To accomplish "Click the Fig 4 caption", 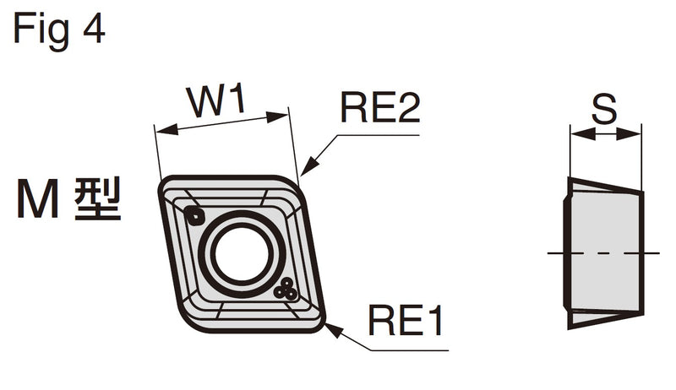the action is click(x=59, y=30).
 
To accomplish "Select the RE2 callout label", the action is click(x=379, y=107).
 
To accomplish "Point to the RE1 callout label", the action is click(x=406, y=320).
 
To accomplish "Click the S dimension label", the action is click(x=604, y=110).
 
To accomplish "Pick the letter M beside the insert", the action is click(x=38, y=199).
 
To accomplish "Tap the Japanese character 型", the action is click(x=98, y=199).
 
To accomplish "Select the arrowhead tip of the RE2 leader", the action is click(x=302, y=176).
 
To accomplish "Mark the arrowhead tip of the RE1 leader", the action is click(x=324, y=323).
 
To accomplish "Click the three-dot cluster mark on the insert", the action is click(x=286, y=290).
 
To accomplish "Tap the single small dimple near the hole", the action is click(x=194, y=214).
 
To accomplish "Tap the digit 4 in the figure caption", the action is click(x=94, y=28).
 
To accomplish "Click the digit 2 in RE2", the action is click(x=409, y=107).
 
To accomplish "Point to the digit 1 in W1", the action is click(x=237, y=100).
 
